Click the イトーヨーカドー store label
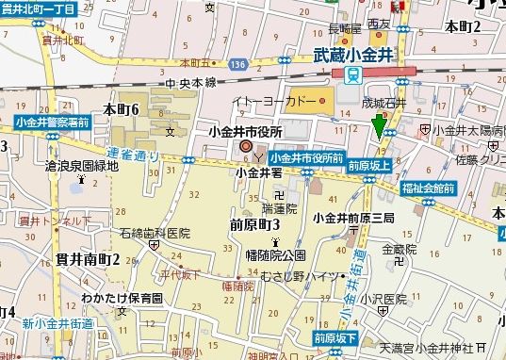[x=280, y=99]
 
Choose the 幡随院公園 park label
[x=274, y=254]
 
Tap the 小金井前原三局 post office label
[x=353, y=218]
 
